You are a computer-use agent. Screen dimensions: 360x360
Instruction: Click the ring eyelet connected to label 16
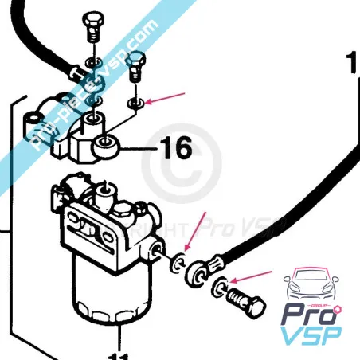tap(107, 145)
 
